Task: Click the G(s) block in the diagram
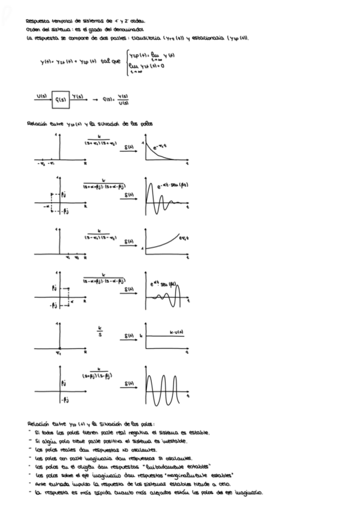point(60,101)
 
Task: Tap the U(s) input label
point(41,96)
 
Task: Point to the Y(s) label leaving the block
point(78,96)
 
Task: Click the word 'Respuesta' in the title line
point(39,20)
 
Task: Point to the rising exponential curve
point(168,242)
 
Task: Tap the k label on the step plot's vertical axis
point(140,334)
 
